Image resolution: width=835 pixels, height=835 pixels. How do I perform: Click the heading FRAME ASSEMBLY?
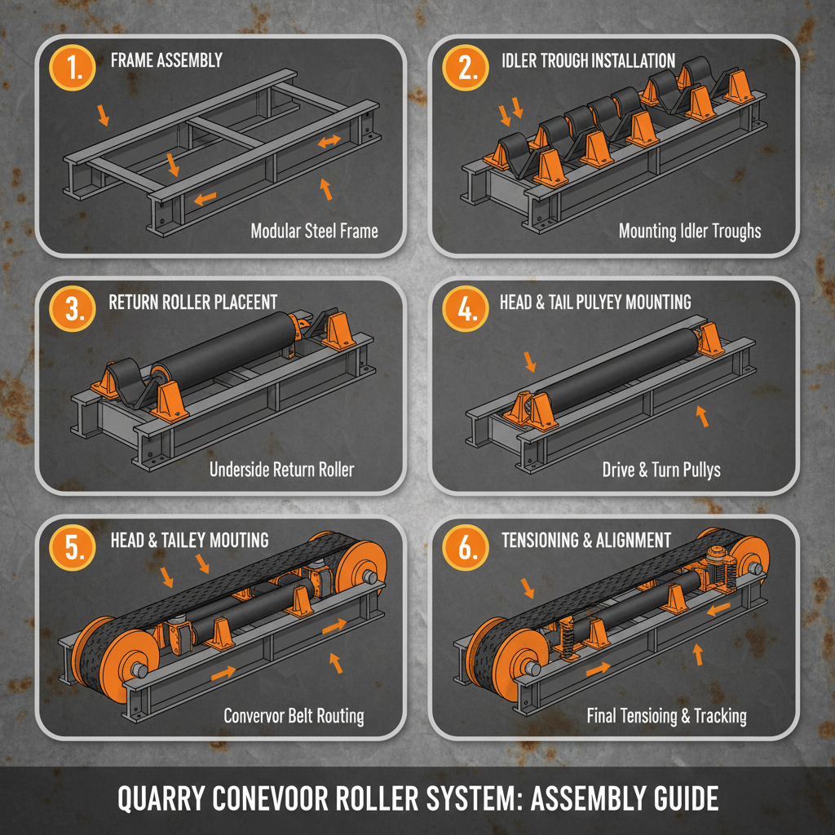166,60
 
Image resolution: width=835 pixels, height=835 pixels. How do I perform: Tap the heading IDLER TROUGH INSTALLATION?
588,60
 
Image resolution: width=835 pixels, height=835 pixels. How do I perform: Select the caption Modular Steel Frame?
314,231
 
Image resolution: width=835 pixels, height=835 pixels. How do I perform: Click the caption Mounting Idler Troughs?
689,231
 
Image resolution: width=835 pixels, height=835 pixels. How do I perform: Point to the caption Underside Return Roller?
281,469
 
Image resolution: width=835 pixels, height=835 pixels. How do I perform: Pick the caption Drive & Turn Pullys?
661,470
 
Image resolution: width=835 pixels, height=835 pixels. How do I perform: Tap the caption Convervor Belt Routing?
294,716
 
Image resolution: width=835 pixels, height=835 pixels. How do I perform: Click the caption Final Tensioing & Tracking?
666,716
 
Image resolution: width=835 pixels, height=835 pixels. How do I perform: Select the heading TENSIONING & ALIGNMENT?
586,541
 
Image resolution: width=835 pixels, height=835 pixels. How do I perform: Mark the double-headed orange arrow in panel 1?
329,142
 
